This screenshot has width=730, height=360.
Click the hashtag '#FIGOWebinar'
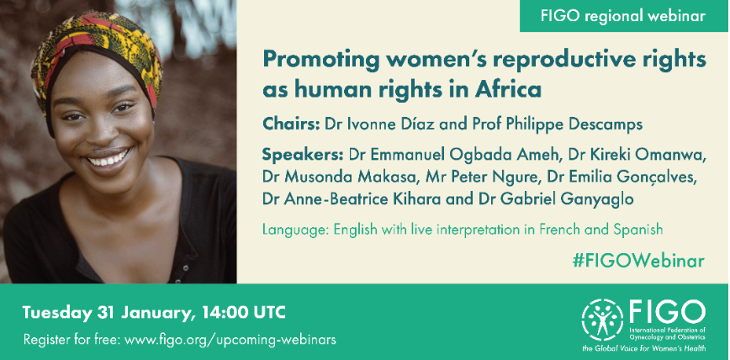click(x=637, y=261)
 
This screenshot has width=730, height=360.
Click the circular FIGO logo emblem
click(x=602, y=319)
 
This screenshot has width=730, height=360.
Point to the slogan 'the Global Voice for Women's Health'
click(x=643, y=347)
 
